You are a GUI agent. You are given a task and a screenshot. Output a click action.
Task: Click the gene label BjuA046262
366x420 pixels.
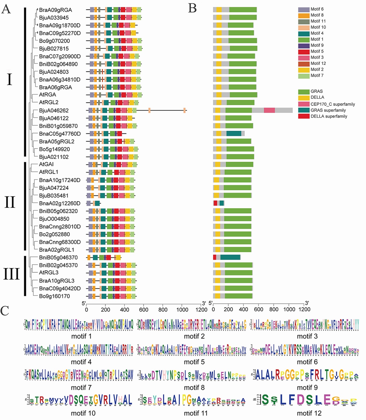pyautogui.click(x=54, y=110)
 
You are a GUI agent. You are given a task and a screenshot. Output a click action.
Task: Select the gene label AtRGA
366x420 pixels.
pyautogui.click(x=47, y=95)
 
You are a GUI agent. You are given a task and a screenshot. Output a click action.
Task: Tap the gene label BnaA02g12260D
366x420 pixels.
pyautogui.click(x=60, y=203)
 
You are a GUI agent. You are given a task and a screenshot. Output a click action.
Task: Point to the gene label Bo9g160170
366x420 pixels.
pyautogui.click(x=54, y=296)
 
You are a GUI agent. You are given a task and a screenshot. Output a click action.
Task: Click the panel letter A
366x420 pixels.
pyautogui.click(x=6, y=9)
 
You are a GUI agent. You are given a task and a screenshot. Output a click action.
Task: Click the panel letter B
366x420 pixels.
pyautogui.click(x=192, y=8)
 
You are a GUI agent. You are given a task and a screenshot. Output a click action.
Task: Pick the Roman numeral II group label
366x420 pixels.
pyautogui.click(x=10, y=202)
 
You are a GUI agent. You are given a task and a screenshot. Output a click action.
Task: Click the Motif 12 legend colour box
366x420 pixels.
pyautogui.click(x=304, y=64)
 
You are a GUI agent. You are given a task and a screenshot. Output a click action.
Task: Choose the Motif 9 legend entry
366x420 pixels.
pyautogui.click(x=317, y=45)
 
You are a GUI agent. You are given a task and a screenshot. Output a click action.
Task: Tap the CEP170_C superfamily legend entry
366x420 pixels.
pyautogui.click(x=333, y=104)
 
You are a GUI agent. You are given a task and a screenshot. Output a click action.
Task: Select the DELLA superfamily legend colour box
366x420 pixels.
pyautogui.click(x=304, y=116)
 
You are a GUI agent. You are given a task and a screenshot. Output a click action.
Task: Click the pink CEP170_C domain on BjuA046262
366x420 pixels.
pyautogui.click(x=269, y=110)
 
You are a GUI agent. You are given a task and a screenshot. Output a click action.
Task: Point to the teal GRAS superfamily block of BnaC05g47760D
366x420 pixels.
pyautogui.click(x=234, y=134)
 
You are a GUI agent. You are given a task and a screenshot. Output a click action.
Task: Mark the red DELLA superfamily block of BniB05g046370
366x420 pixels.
pyautogui.click(x=215, y=257)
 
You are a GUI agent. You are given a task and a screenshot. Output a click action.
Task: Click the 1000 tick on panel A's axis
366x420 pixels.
pyautogui.click(x=182, y=309)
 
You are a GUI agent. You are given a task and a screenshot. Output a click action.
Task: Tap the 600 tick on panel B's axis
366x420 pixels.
pyautogui.click(x=259, y=309)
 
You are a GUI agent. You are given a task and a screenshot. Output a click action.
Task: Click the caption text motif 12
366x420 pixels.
pyautogui.click(x=309, y=413)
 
